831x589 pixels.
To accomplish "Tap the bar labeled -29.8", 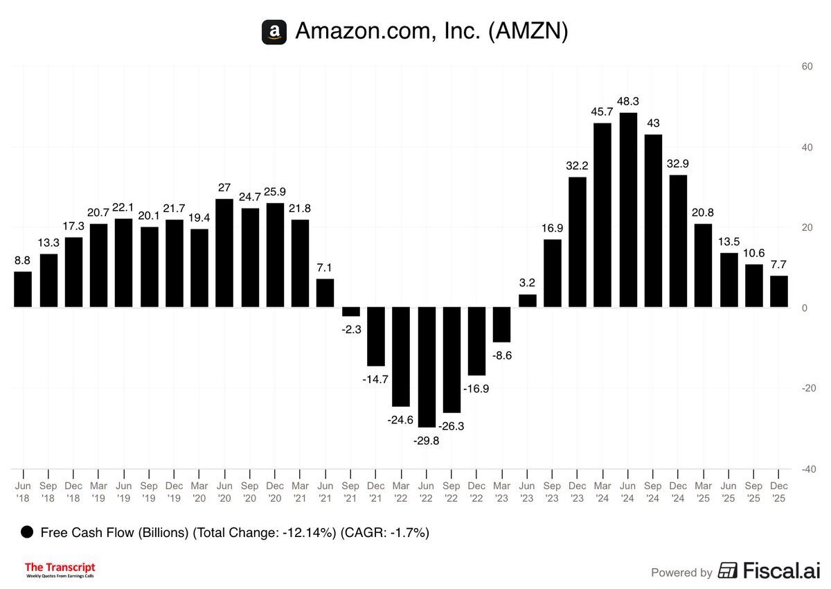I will [427, 367].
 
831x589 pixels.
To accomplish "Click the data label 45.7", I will [602, 112].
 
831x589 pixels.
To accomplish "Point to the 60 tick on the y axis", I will [806, 67].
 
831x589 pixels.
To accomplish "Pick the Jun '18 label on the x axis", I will [23, 492].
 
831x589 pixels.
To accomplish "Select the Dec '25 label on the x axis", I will [779, 492].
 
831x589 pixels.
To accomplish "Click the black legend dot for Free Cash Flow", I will [28, 532].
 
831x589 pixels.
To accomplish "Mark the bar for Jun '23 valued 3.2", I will [528, 301].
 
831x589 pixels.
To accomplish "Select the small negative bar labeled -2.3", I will [351, 312].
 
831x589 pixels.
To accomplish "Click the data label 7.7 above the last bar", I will [779, 264].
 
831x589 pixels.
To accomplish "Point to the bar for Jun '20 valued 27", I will [224, 253].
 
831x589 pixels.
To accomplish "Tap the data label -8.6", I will [502, 355].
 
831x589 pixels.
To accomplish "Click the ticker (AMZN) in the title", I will [528, 32].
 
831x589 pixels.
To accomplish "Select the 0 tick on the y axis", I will [805, 308].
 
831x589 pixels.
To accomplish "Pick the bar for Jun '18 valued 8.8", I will [23, 289].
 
